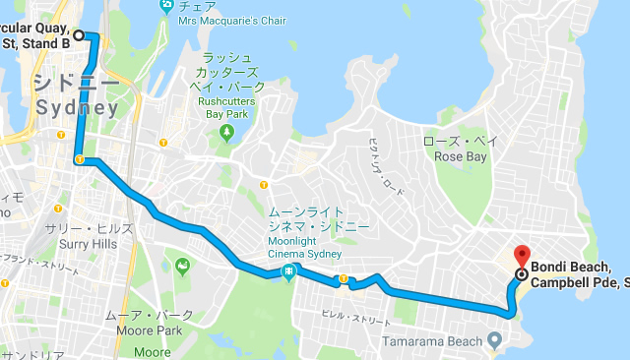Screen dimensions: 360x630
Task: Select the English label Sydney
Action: pos(77,107)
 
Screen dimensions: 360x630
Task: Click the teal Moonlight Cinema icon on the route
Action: pos(289,272)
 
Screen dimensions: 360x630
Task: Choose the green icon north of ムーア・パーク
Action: pos(182,266)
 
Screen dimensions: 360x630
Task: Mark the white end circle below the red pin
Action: pos(520,274)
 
